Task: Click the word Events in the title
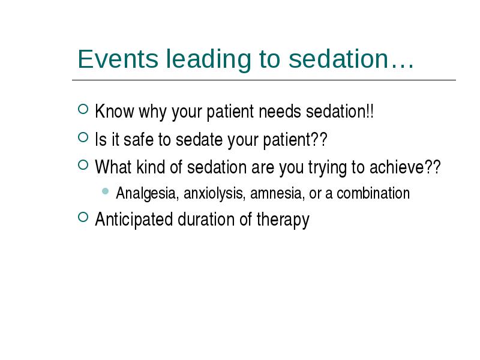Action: (x=118, y=58)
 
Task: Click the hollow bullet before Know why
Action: (x=83, y=109)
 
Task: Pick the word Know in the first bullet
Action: (x=115, y=111)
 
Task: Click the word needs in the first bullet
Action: (x=280, y=111)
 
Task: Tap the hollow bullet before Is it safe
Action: (x=83, y=137)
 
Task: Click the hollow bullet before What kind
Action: (x=83, y=165)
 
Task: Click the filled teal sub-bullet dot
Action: (x=106, y=191)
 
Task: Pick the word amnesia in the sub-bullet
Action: (x=277, y=193)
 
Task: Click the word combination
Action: (x=373, y=193)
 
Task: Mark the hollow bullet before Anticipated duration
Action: (x=83, y=217)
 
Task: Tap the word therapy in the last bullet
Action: (x=283, y=220)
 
